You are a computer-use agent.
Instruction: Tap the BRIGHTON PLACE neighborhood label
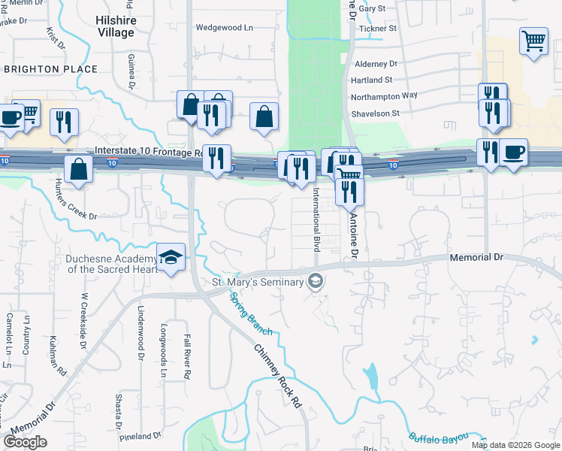(51, 69)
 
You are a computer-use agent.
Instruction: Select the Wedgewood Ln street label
(224, 27)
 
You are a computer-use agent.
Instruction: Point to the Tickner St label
(378, 29)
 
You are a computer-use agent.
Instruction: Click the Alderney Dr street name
(374, 65)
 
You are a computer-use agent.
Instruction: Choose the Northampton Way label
(384, 95)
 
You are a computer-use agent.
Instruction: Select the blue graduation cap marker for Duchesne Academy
(171, 258)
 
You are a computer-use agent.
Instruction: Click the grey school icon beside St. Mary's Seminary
(316, 282)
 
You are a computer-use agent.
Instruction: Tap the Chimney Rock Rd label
(276, 376)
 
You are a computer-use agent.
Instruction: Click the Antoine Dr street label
(353, 235)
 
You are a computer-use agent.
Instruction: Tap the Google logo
(26, 442)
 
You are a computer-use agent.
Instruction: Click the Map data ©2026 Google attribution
(515, 445)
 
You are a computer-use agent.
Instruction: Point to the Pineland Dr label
(140, 435)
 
